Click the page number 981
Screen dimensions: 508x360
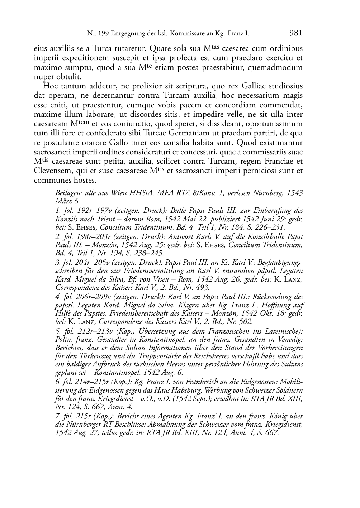295,33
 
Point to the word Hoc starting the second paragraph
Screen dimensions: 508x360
49,86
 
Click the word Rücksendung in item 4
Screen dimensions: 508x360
272,297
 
